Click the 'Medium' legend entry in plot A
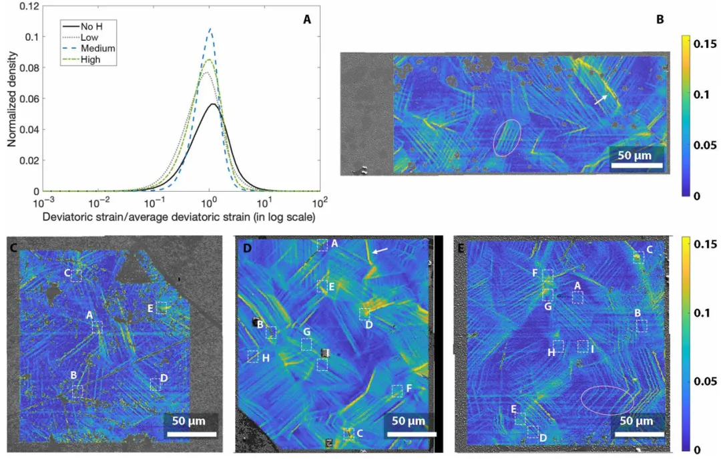97,48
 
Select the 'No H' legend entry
92,26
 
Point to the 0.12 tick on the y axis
27,6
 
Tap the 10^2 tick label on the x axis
319,201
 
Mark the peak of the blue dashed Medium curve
210,29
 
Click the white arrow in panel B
602,99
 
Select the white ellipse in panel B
507,137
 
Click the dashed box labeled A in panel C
97,327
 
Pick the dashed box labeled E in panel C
161,307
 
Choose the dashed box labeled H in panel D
253,356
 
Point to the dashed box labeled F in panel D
397,390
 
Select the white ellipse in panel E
607,400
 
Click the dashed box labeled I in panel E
583,346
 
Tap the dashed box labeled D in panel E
533,432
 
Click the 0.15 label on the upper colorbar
704,44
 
